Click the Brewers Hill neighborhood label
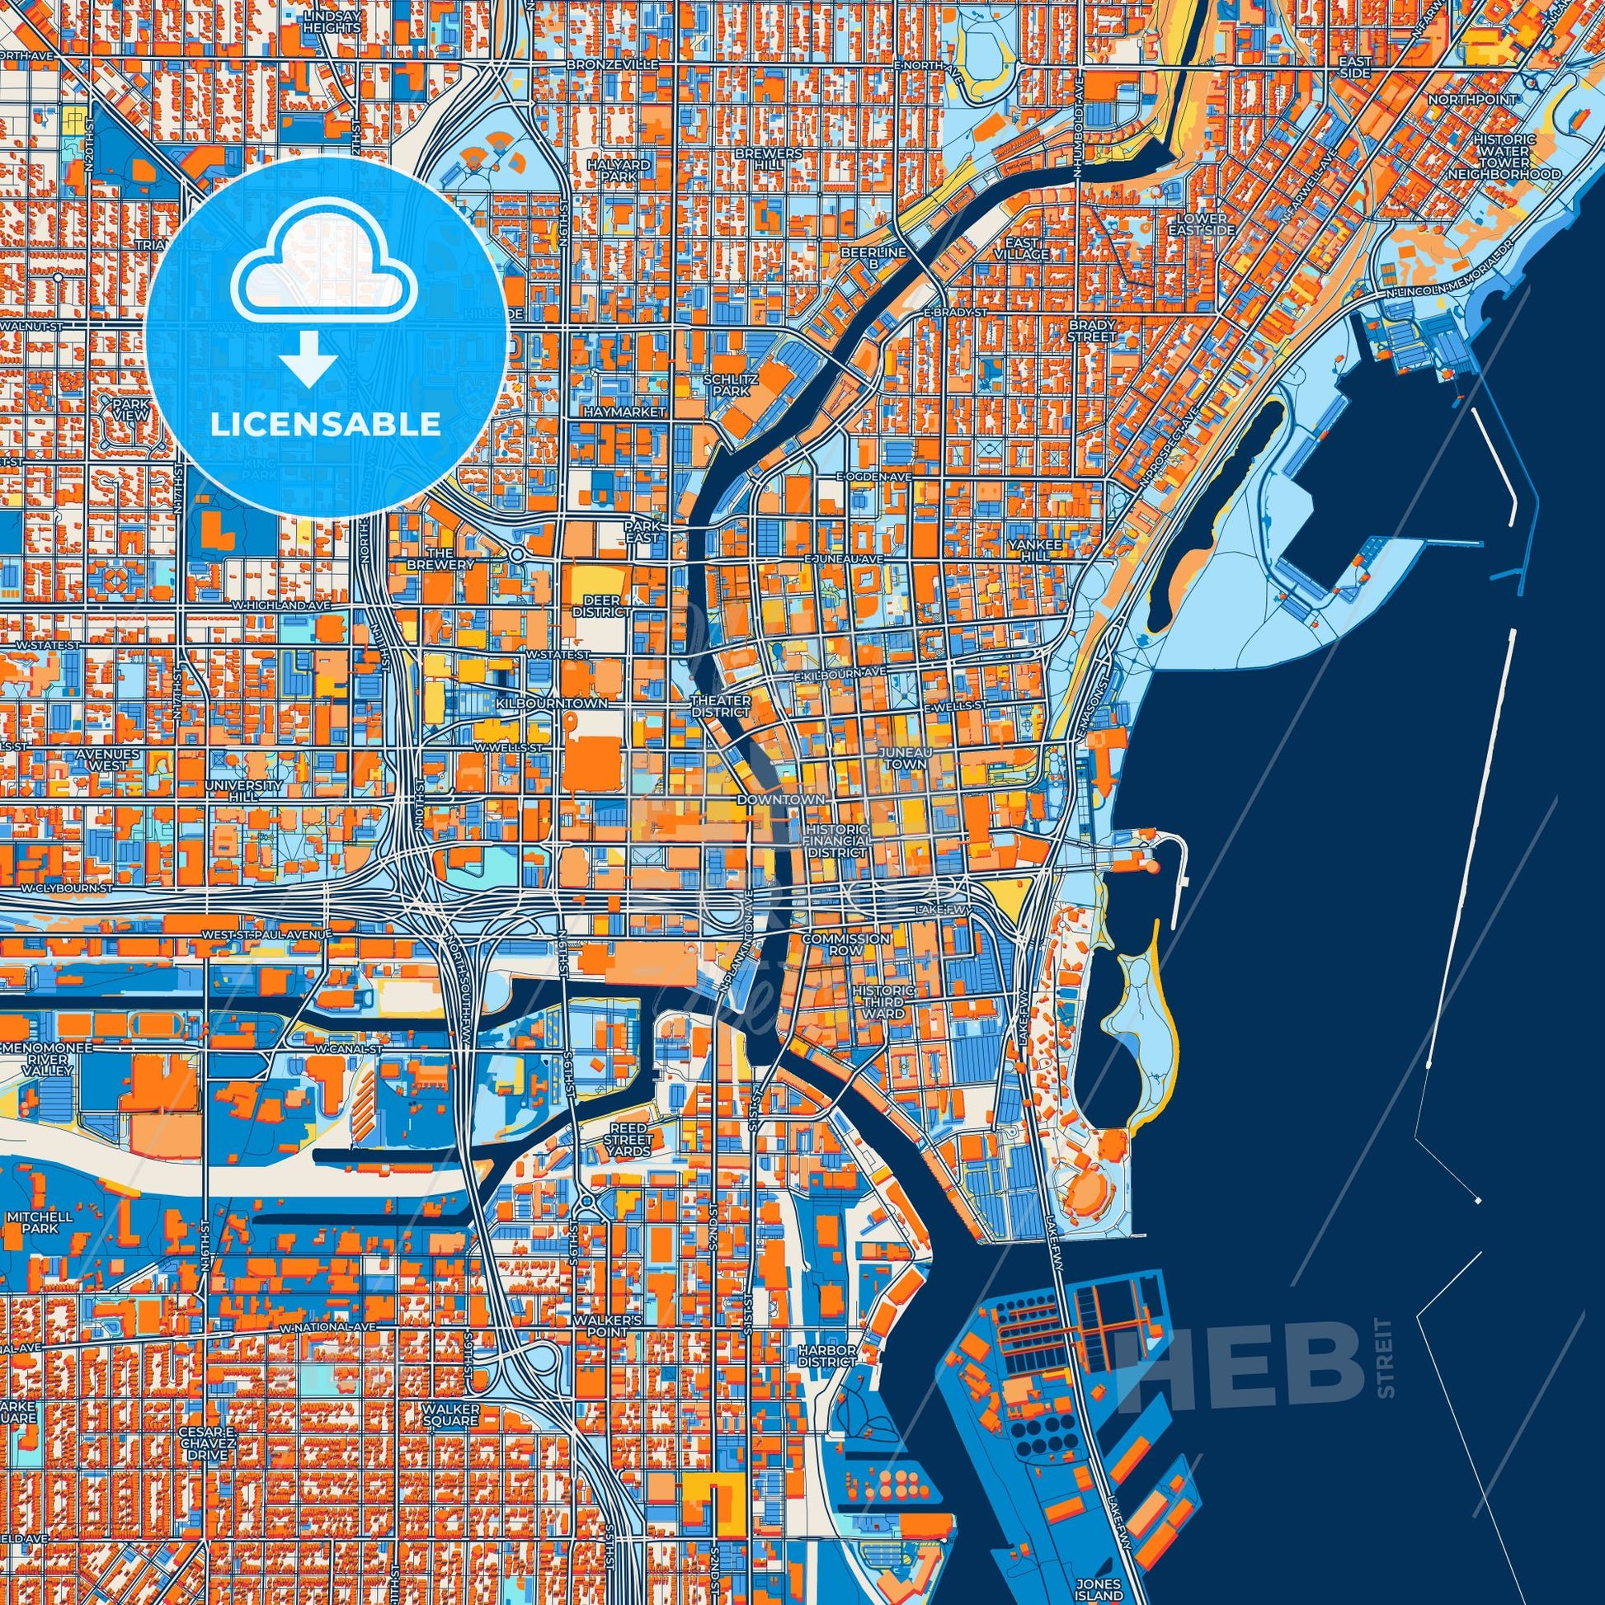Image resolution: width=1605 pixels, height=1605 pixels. click(x=780, y=159)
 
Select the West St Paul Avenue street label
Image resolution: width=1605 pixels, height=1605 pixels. click(x=267, y=934)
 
